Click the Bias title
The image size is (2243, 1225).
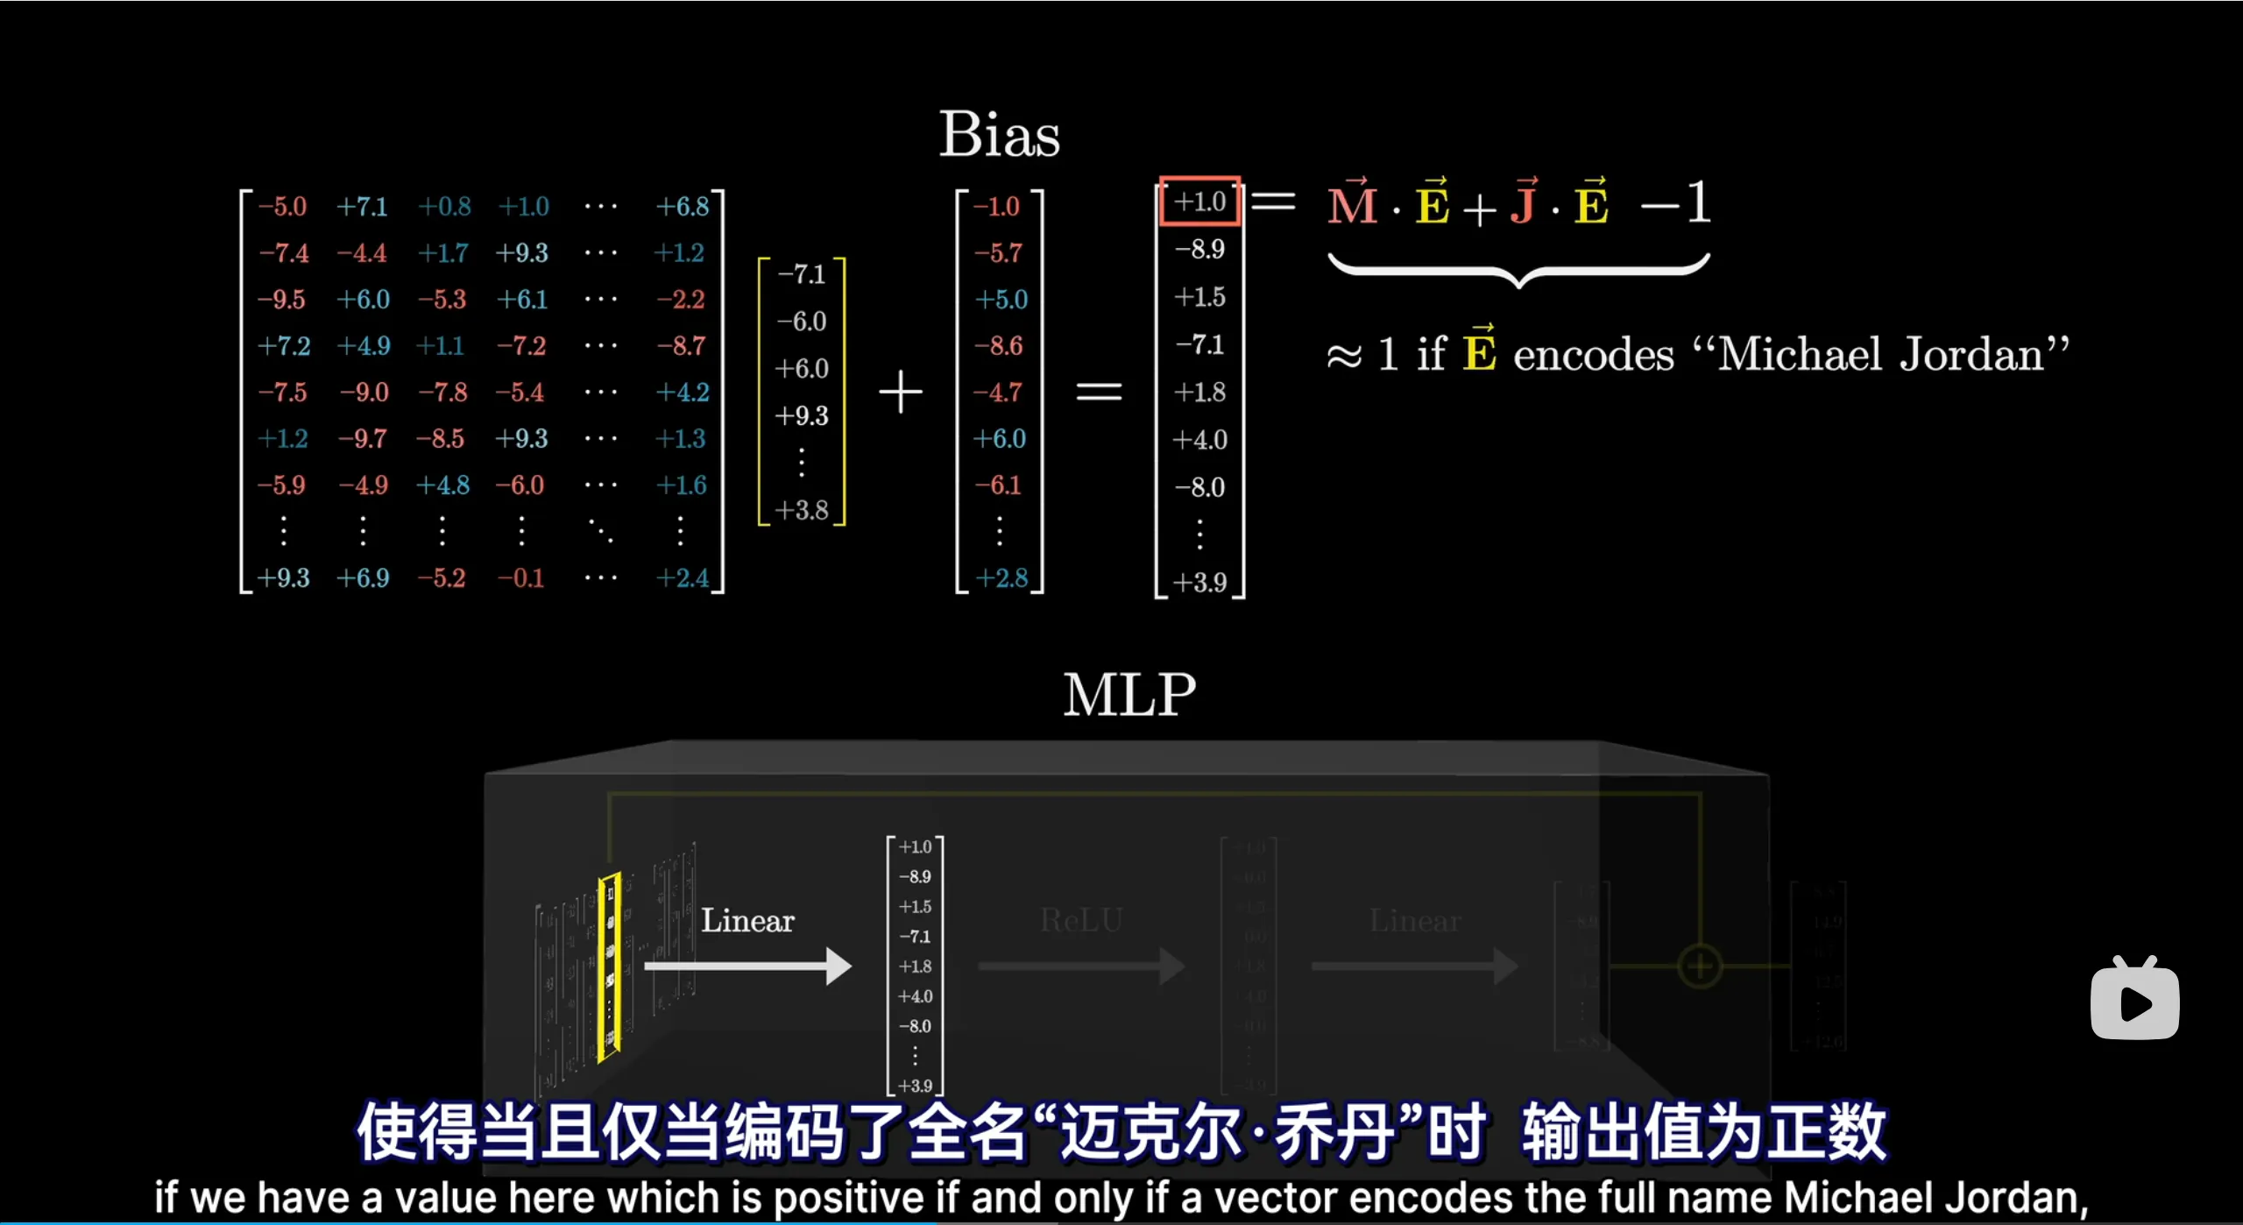click(x=999, y=135)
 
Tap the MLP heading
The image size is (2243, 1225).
click(x=1129, y=695)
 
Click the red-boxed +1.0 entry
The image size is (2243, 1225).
click(x=1199, y=202)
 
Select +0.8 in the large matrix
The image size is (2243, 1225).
click(x=444, y=207)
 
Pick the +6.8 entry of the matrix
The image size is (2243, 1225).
click(x=683, y=207)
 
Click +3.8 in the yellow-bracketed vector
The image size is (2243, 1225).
click(x=801, y=510)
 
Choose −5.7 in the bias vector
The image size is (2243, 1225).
click(x=999, y=253)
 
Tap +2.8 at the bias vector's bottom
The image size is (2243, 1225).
click(x=1001, y=578)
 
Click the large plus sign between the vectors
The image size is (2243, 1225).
click(x=901, y=392)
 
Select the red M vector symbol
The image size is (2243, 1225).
click(x=1353, y=205)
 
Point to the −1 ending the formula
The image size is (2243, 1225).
click(x=1676, y=203)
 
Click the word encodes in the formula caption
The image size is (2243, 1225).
click(x=1593, y=355)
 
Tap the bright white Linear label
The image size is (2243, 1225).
click(x=747, y=921)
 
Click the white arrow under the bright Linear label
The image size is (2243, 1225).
click(x=747, y=967)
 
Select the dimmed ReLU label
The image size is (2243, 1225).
click(x=1080, y=920)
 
